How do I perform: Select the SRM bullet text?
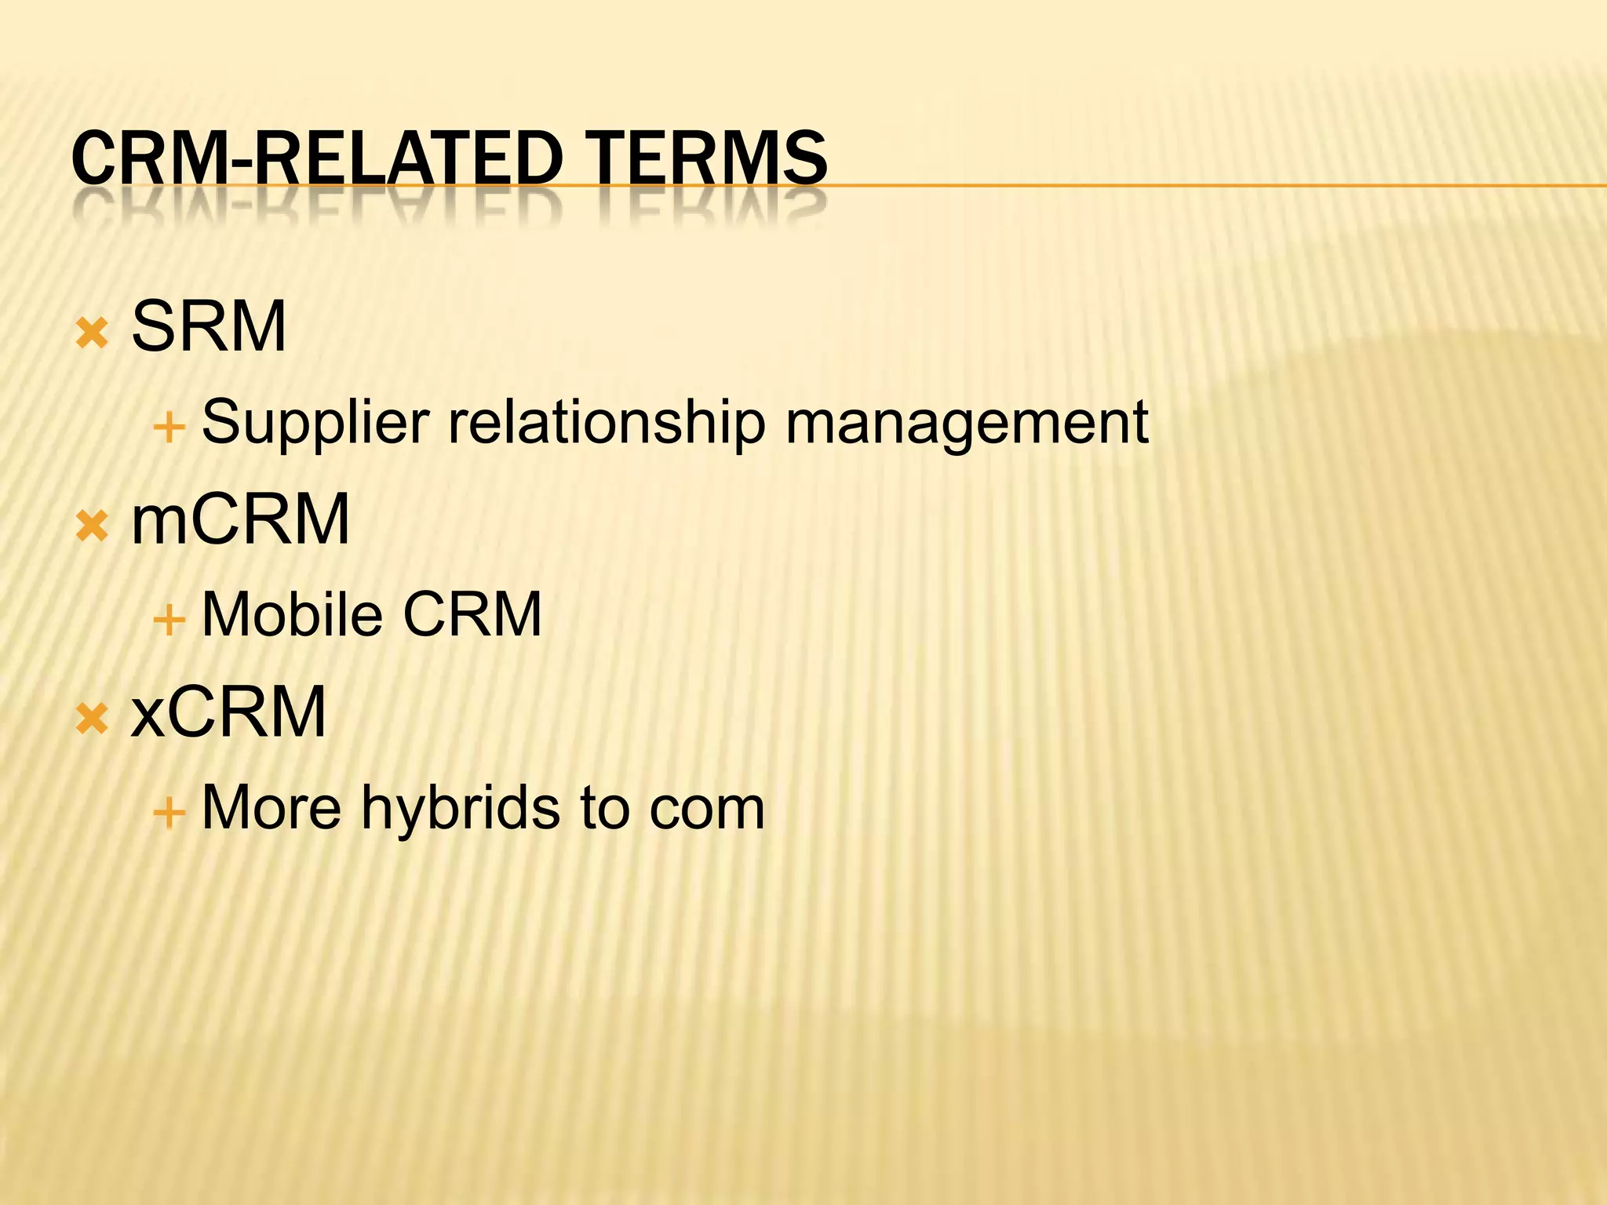[209, 327]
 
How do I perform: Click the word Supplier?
[315, 424]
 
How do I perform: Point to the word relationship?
[607, 424]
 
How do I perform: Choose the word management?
[967, 424]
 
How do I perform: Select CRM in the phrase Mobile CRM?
[472, 614]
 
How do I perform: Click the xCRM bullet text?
[228, 712]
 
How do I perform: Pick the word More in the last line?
[271, 808]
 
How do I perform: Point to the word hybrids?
[461, 808]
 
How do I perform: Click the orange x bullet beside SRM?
[92, 334]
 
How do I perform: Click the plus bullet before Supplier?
[169, 428]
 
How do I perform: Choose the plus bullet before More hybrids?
[169, 814]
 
